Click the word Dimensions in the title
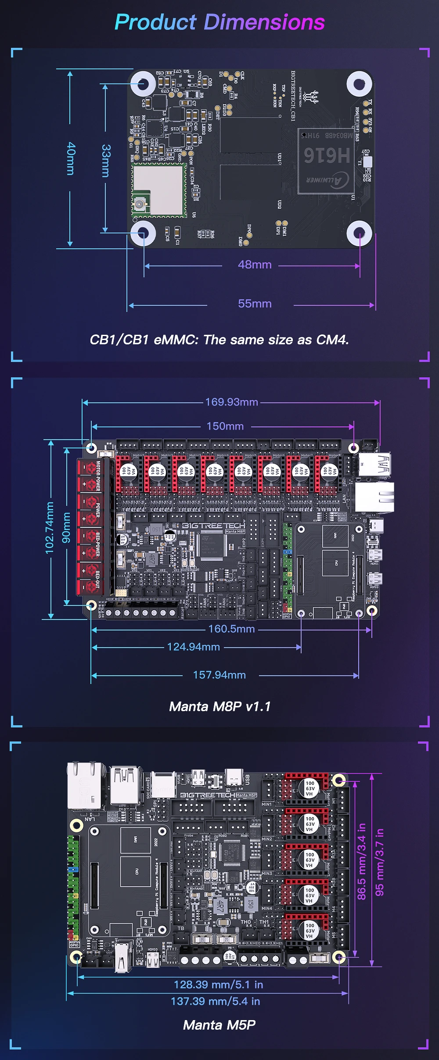point(264,22)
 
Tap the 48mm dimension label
point(255,265)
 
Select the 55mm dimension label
point(255,304)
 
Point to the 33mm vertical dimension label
point(106,161)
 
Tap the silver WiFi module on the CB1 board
point(158,190)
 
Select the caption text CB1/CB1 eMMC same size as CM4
point(219,340)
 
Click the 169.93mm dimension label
point(231,402)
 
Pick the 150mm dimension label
point(225,426)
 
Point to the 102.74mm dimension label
point(50,527)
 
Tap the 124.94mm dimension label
point(193,647)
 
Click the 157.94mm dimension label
point(219,675)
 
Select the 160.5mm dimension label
point(231,629)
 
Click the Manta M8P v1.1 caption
point(219,706)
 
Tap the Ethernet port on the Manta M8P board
point(374,497)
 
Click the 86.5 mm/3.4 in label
point(362,862)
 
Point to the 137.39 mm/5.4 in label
point(215,1001)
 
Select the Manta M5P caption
point(219,1025)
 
